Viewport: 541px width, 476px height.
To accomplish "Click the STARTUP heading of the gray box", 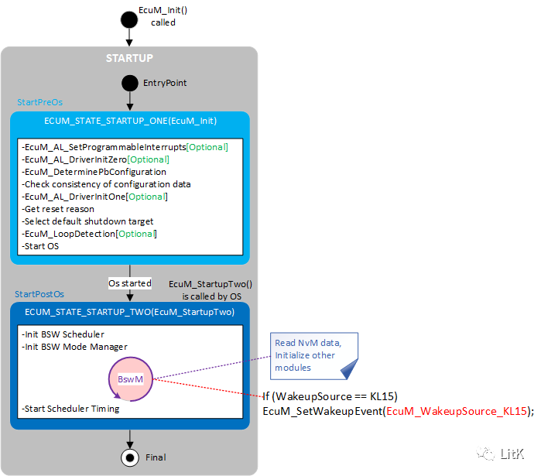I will tap(129, 58).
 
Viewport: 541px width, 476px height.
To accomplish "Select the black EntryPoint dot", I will tap(129, 83).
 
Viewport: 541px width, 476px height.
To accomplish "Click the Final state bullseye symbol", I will tap(129, 457).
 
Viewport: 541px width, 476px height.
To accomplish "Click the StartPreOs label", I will tap(39, 102).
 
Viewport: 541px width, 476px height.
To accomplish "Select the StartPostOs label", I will tap(39, 294).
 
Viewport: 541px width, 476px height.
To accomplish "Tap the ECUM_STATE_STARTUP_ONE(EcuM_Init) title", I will tap(129, 121).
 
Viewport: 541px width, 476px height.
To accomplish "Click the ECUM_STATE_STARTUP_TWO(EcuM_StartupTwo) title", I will tap(129, 312).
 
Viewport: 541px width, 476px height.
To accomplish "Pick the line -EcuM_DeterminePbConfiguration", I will tap(94, 172).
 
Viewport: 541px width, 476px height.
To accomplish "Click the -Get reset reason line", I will tap(58, 209).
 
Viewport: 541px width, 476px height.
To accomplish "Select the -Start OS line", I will tap(43, 246).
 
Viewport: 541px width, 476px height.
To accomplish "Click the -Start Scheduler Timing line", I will tap(70, 409).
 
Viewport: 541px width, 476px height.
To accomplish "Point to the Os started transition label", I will tap(129, 284).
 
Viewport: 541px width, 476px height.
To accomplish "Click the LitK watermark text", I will tap(512, 454).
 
